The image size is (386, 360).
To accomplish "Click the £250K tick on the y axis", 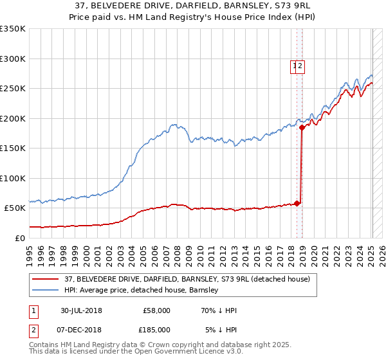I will [x=13, y=88].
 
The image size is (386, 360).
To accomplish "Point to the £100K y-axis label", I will [x=13, y=178].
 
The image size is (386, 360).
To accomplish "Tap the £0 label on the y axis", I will [x=19, y=238].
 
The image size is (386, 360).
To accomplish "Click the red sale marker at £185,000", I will [x=302, y=127].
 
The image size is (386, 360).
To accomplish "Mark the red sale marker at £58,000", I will [x=297, y=204].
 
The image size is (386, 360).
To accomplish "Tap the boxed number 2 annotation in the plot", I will [x=300, y=65].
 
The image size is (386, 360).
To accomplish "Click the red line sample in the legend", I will [x=46, y=279].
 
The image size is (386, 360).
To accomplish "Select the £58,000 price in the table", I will [x=156, y=310].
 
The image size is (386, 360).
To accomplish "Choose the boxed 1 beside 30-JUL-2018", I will [x=33, y=310].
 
